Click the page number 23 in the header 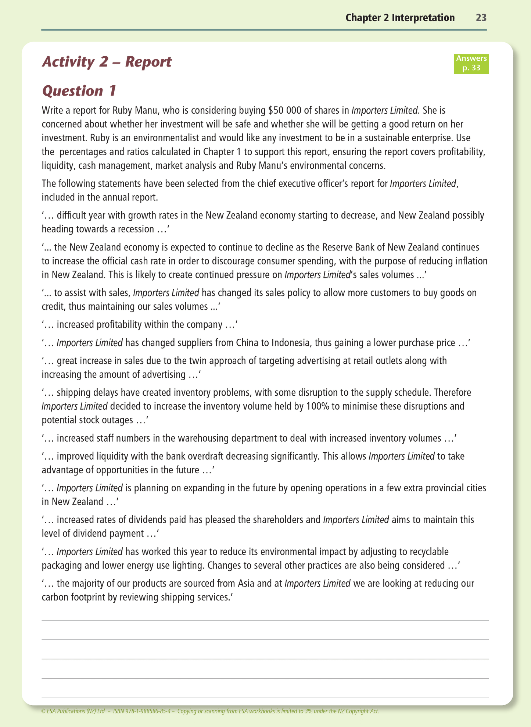tap(481, 18)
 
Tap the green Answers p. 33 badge tap(471, 63)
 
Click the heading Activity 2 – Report tap(107, 62)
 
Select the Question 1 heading tap(79, 91)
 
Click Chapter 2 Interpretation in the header tap(400, 18)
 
